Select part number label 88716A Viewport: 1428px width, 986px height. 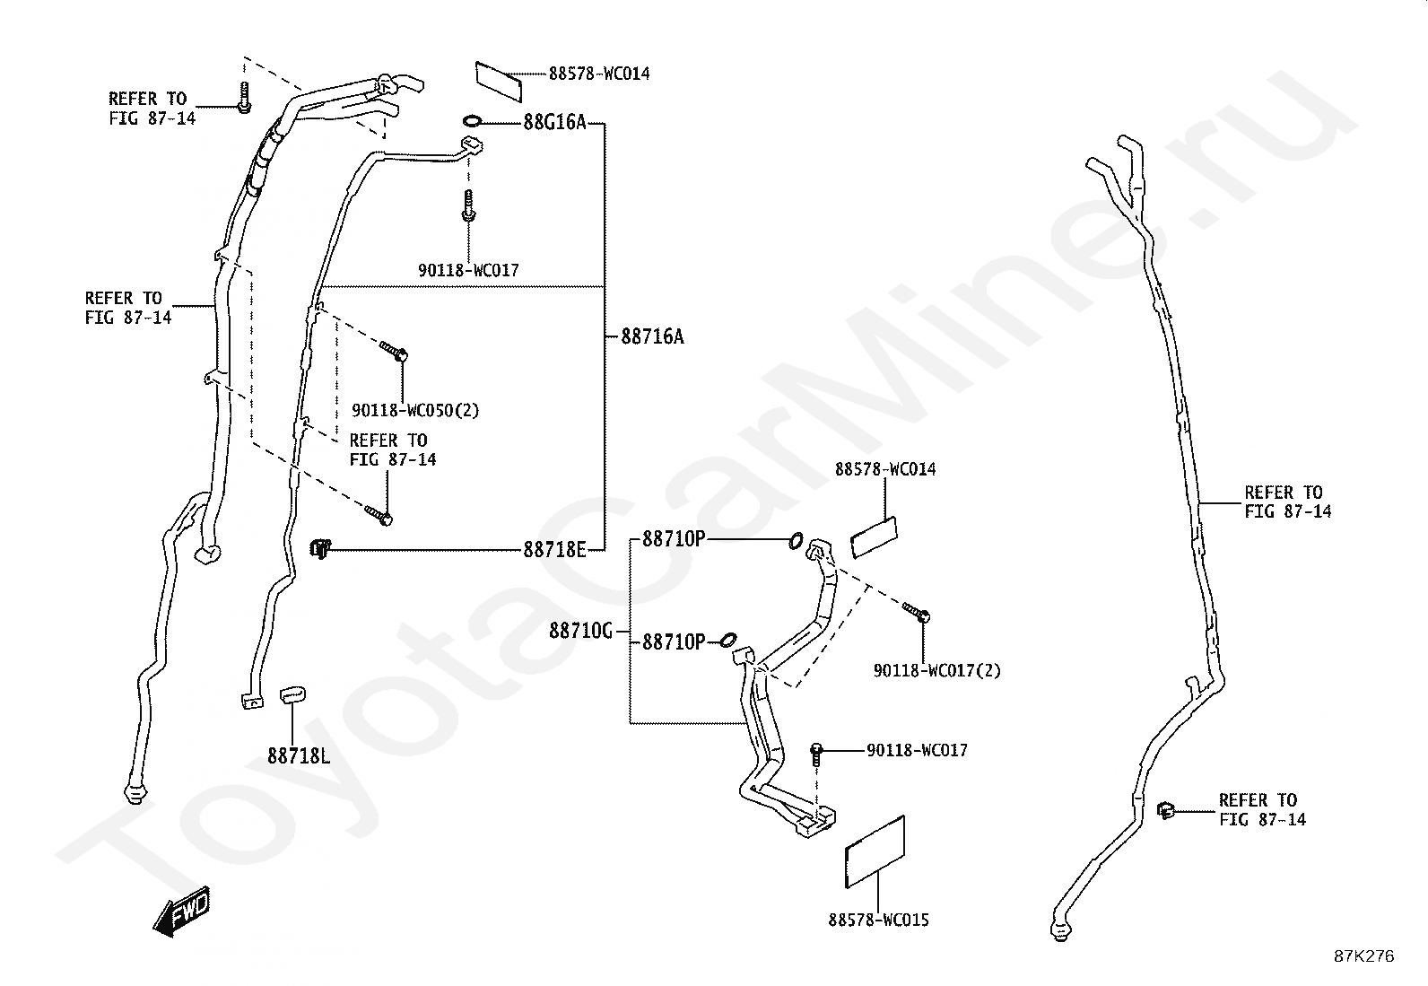652,337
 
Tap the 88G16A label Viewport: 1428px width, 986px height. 553,123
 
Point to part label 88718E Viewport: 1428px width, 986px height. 554,549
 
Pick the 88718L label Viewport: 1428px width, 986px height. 298,755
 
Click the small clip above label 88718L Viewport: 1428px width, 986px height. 293,693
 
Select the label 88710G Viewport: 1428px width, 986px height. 580,632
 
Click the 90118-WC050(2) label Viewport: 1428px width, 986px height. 415,411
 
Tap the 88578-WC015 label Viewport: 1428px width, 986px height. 878,920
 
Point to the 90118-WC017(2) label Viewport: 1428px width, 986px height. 936,670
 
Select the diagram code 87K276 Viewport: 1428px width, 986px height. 1363,956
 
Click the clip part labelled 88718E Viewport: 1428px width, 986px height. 321,546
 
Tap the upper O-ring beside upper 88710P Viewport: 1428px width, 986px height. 796,540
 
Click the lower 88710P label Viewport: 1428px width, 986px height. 674,642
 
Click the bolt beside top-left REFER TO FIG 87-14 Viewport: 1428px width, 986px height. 243,98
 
